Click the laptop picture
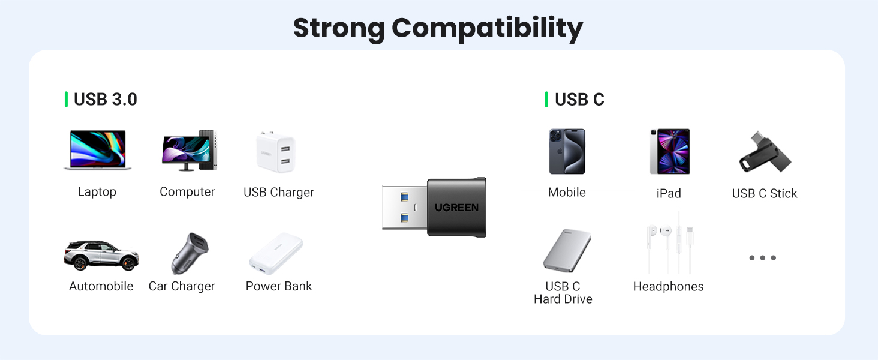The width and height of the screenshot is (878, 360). click(x=97, y=150)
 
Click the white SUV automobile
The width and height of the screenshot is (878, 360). click(x=101, y=255)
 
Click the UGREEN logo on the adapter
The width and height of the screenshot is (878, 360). click(x=456, y=208)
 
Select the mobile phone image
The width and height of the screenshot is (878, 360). click(x=567, y=151)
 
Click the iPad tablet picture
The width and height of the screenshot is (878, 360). click(x=669, y=151)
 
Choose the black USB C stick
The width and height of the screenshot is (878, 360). click(x=765, y=152)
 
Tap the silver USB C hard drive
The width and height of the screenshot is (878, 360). click(x=567, y=251)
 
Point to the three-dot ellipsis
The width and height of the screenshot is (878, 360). click(x=763, y=258)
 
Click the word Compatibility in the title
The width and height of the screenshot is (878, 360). click(x=487, y=28)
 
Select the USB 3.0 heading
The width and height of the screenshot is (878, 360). click(x=106, y=100)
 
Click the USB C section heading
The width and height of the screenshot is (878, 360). click(x=579, y=100)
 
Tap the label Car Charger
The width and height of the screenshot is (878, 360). click(x=182, y=286)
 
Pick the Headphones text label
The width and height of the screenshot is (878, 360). click(x=668, y=287)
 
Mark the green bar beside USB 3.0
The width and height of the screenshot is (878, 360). click(x=66, y=100)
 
